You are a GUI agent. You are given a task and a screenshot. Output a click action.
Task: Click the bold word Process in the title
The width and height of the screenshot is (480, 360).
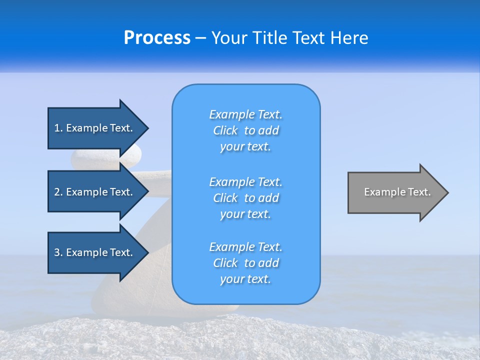point(157,38)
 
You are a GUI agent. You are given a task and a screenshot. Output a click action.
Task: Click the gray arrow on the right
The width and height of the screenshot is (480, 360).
point(395,192)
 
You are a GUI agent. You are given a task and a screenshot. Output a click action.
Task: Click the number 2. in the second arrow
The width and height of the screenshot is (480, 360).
point(58,192)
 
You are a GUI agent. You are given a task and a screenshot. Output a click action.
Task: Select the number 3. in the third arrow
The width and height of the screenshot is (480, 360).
point(58,252)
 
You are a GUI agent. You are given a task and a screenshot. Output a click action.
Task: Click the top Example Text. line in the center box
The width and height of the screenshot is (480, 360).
point(245,114)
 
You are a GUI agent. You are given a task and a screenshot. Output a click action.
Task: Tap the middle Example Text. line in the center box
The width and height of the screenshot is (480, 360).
point(245,182)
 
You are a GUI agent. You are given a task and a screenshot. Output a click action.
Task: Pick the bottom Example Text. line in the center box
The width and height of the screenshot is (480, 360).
point(245,247)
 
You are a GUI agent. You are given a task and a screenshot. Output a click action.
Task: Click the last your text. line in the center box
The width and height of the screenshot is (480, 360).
point(245,279)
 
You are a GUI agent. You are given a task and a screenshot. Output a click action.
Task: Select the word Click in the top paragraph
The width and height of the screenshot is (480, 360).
point(225,130)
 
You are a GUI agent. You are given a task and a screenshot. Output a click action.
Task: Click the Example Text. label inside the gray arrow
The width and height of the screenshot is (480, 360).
point(397,192)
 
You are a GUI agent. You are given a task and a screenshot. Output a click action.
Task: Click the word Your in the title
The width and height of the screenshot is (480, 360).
point(229,38)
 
